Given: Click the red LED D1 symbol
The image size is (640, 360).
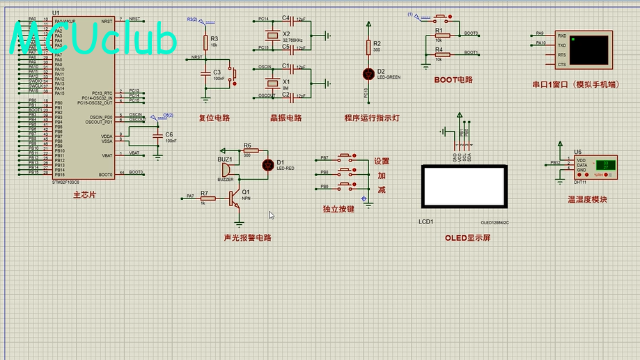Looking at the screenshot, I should [267, 165].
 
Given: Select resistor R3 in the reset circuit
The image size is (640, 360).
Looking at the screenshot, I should [205, 40].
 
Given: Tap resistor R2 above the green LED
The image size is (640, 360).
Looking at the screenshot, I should [368, 47].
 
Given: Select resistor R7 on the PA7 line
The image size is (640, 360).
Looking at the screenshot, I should [204, 197].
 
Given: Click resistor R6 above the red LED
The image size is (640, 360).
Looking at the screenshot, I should [247, 150].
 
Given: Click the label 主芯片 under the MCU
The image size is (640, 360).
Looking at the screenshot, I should [84, 195].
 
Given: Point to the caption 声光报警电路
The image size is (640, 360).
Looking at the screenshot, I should [247, 237].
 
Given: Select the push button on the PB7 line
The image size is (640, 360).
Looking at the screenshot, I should [345, 157].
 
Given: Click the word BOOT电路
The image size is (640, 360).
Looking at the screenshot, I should [453, 80].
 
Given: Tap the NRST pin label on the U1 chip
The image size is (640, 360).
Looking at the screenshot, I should [107, 20].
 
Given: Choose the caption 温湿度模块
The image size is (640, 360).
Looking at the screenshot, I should [587, 199].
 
